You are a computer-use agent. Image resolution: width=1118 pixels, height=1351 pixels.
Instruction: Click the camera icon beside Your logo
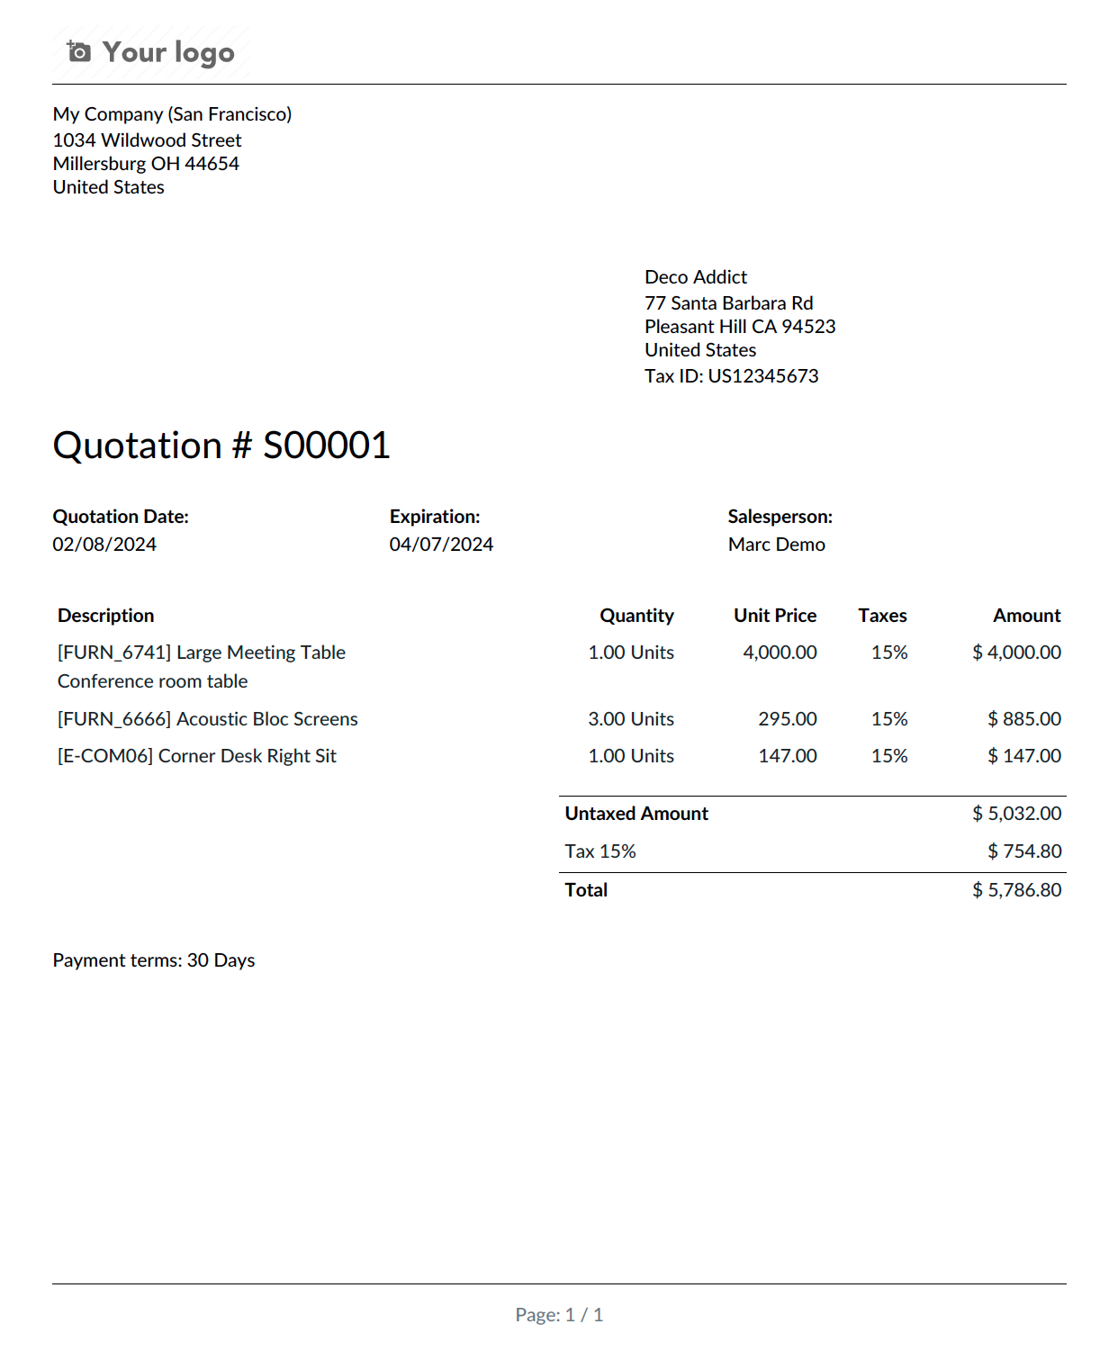[79, 52]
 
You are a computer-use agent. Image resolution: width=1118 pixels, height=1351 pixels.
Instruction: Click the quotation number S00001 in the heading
[326, 446]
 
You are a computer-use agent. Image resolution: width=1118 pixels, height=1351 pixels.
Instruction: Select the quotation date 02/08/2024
[104, 545]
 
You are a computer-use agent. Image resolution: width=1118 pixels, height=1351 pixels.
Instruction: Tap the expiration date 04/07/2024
[441, 545]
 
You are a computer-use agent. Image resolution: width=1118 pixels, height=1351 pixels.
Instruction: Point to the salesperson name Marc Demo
[776, 545]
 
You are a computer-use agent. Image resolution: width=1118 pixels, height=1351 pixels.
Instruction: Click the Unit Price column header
[774, 616]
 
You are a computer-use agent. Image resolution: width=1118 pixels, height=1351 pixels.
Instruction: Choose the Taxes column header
[882, 616]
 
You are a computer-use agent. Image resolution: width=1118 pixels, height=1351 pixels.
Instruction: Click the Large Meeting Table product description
[202, 653]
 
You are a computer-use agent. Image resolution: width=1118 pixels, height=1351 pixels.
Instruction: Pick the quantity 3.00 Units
[630, 719]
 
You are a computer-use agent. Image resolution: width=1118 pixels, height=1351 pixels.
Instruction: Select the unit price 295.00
[787, 719]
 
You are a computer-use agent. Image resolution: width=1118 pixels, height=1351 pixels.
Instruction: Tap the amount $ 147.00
[1023, 756]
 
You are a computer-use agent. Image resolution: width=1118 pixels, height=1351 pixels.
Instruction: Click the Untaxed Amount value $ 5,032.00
[1016, 814]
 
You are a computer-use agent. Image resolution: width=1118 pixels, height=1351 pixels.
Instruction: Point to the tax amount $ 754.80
[1023, 851]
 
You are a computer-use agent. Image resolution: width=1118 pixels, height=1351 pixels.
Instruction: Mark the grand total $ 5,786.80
[1016, 890]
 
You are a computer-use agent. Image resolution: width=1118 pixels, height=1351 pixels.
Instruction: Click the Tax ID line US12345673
[731, 376]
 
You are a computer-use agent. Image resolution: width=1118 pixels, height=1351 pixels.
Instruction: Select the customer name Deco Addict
[696, 277]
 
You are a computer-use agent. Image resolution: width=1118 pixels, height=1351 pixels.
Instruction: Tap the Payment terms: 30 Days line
[154, 960]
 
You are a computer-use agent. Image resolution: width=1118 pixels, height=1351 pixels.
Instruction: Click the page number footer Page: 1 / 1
[559, 1315]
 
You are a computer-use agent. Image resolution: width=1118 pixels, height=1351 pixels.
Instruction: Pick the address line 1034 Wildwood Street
[147, 140]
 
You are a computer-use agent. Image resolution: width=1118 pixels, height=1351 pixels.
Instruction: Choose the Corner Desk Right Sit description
[197, 756]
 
